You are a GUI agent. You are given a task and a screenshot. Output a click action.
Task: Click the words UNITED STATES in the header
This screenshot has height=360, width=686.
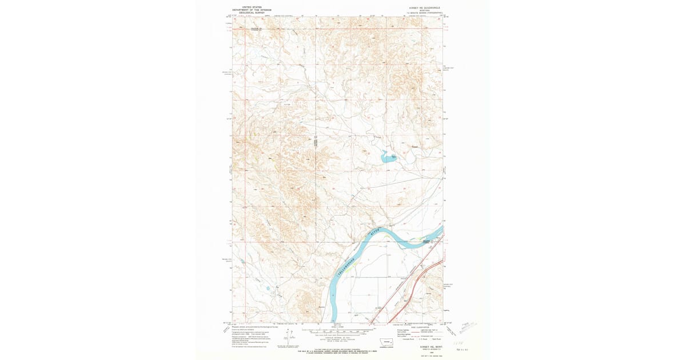coord(252,7)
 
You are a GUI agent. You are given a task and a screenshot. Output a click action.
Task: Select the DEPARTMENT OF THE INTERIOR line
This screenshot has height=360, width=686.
coord(252,10)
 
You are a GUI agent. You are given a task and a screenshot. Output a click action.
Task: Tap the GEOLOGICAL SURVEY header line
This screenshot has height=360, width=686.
coord(252,13)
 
